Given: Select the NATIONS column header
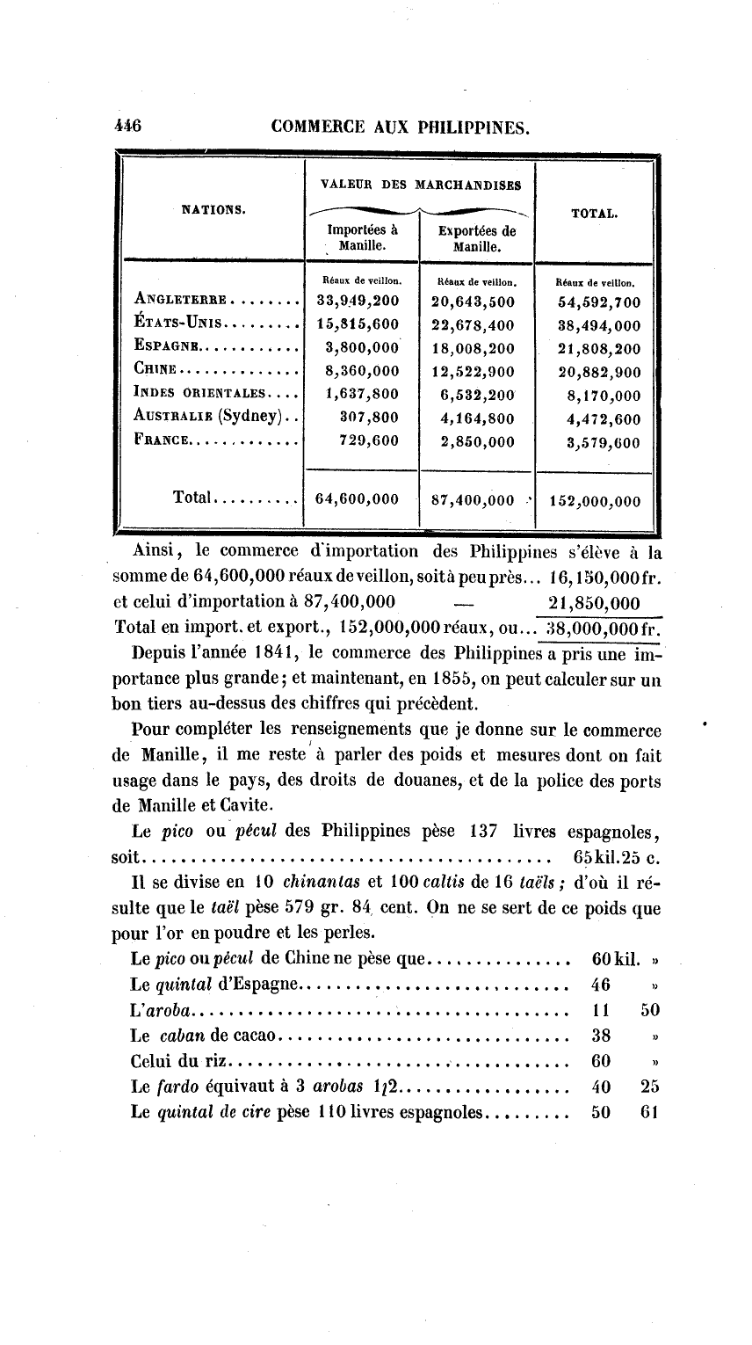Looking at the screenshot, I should point(213,209).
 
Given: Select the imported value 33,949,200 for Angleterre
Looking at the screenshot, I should point(358,302).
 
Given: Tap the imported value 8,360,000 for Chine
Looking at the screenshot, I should point(362,371).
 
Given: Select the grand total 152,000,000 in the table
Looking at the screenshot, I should point(595,502).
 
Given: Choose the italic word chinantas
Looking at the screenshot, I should point(316,882).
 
